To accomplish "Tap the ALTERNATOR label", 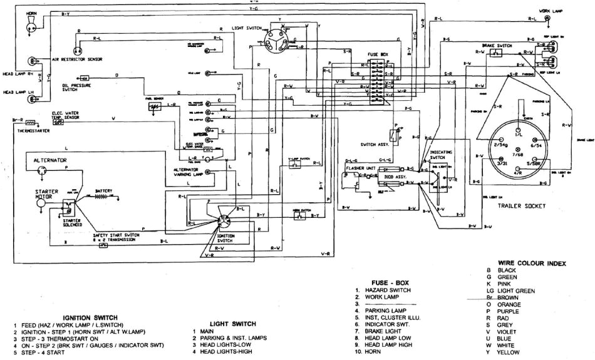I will [x=50, y=161].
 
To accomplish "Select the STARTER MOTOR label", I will [x=46, y=195].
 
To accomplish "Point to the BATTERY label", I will [x=103, y=191].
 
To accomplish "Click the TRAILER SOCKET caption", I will [x=521, y=206].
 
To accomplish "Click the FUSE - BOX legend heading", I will [x=391, y=282].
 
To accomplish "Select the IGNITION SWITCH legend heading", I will [x=90, y=318].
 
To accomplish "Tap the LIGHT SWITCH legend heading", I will [x=233, y=324].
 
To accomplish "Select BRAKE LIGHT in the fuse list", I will [x=385, y=331].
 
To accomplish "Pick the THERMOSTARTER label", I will [x=33, y=130].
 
